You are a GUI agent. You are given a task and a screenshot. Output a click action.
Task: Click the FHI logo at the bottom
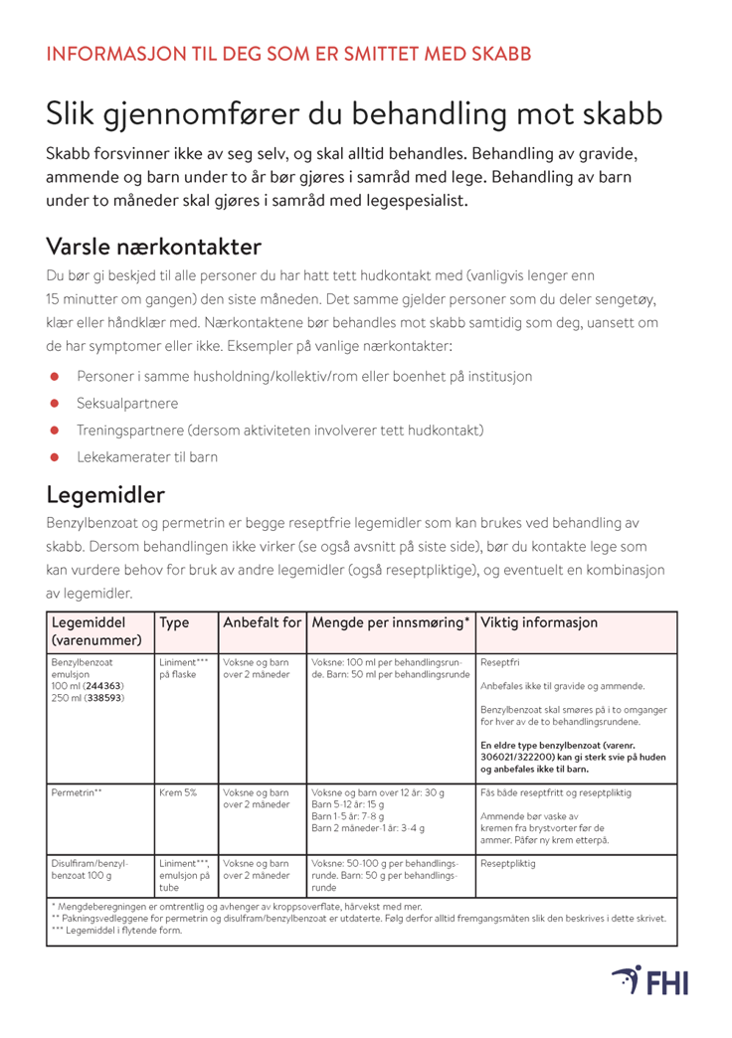[x=649, y=980]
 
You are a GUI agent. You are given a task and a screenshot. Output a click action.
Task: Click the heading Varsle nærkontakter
[x=153, y=245]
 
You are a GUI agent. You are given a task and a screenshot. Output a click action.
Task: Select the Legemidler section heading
[x=105, y=494]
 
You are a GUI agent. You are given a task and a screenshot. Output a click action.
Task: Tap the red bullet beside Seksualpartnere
[x=58, y=404]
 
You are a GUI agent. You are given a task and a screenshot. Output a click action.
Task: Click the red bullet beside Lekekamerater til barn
[x=58, y=456]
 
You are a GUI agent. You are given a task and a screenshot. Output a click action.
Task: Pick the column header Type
[x=174, y=622]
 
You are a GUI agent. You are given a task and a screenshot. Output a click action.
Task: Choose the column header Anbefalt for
[x=262, y=622]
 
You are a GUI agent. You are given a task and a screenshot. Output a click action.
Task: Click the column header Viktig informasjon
[x=539, y=622]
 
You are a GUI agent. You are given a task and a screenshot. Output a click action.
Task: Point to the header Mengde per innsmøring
[x=391, y=622]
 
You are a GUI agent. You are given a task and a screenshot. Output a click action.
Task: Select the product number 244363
[x=105, y=686]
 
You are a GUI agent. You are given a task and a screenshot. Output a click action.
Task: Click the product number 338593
[x=105, y=698]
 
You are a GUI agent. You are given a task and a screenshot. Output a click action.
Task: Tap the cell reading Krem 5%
[x=178, y=792]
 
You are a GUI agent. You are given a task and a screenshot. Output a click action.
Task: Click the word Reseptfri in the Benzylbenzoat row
[x=500, y=661]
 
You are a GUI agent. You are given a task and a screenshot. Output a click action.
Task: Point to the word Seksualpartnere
[x=127, y=404]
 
